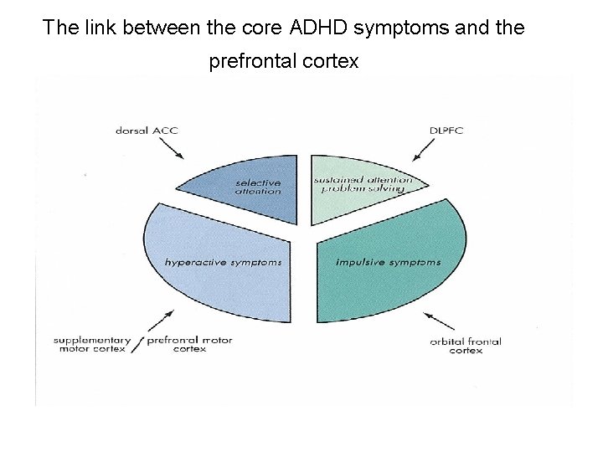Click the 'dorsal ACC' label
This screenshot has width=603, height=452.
147,130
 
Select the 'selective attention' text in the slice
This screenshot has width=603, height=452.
258,187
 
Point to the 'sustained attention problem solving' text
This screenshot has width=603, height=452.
363,184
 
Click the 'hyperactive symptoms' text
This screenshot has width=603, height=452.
223,262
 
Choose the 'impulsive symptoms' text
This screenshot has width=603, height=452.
388,262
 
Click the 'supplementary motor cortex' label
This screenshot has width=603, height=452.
91,344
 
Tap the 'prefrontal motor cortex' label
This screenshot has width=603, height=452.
189,344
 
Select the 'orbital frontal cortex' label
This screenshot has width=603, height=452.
466,345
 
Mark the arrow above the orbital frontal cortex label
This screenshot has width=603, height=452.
439,322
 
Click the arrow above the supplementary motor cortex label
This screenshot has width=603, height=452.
161,321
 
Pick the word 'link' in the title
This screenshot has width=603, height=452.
100,28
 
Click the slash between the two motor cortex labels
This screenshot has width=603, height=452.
137,344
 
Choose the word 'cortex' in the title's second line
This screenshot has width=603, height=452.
332,61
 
